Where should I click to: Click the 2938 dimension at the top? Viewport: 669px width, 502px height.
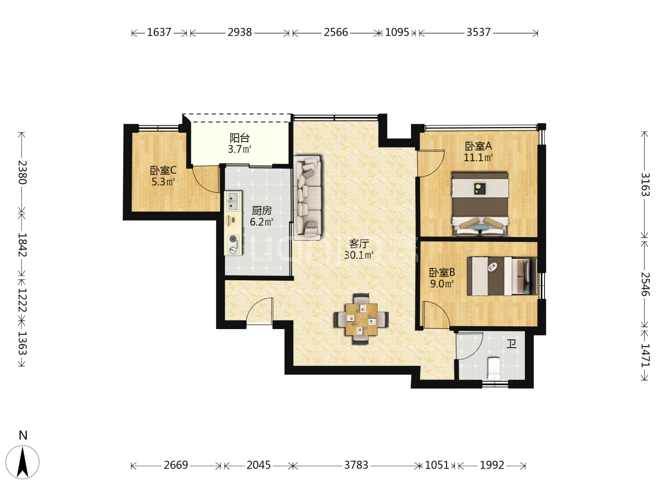click(x=240, y=33)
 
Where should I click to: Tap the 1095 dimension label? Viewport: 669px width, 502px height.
click(x=397, y=33)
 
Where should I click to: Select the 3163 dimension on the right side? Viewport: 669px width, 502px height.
click(x=645, y=185)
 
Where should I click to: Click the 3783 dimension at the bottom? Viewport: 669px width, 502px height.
click(x=356, y=465)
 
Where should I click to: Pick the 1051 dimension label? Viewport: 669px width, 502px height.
click(x=437, y=465)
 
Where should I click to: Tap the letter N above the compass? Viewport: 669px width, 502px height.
click(x=23, y=435)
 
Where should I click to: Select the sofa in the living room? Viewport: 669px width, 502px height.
click(x=307, y=198)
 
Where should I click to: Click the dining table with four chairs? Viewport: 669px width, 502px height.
click(x=361, y=319)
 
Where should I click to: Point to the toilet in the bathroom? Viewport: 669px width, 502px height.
click(x=494, y=368)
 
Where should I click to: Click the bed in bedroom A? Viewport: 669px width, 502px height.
click(x=480, y=204)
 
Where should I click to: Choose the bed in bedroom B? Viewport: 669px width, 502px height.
click(x=502, y=276)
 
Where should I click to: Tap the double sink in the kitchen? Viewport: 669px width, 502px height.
click(x=233, y=201)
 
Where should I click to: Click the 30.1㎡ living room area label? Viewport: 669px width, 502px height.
click(x=359, y=255)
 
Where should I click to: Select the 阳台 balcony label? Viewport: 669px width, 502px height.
click(x=240, y=138)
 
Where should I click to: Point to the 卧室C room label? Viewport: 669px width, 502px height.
click(x=163, y=170)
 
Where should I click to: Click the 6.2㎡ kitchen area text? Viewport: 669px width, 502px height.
click(x=262, y=222)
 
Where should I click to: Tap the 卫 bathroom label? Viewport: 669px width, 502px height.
click(x=511, y=344)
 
